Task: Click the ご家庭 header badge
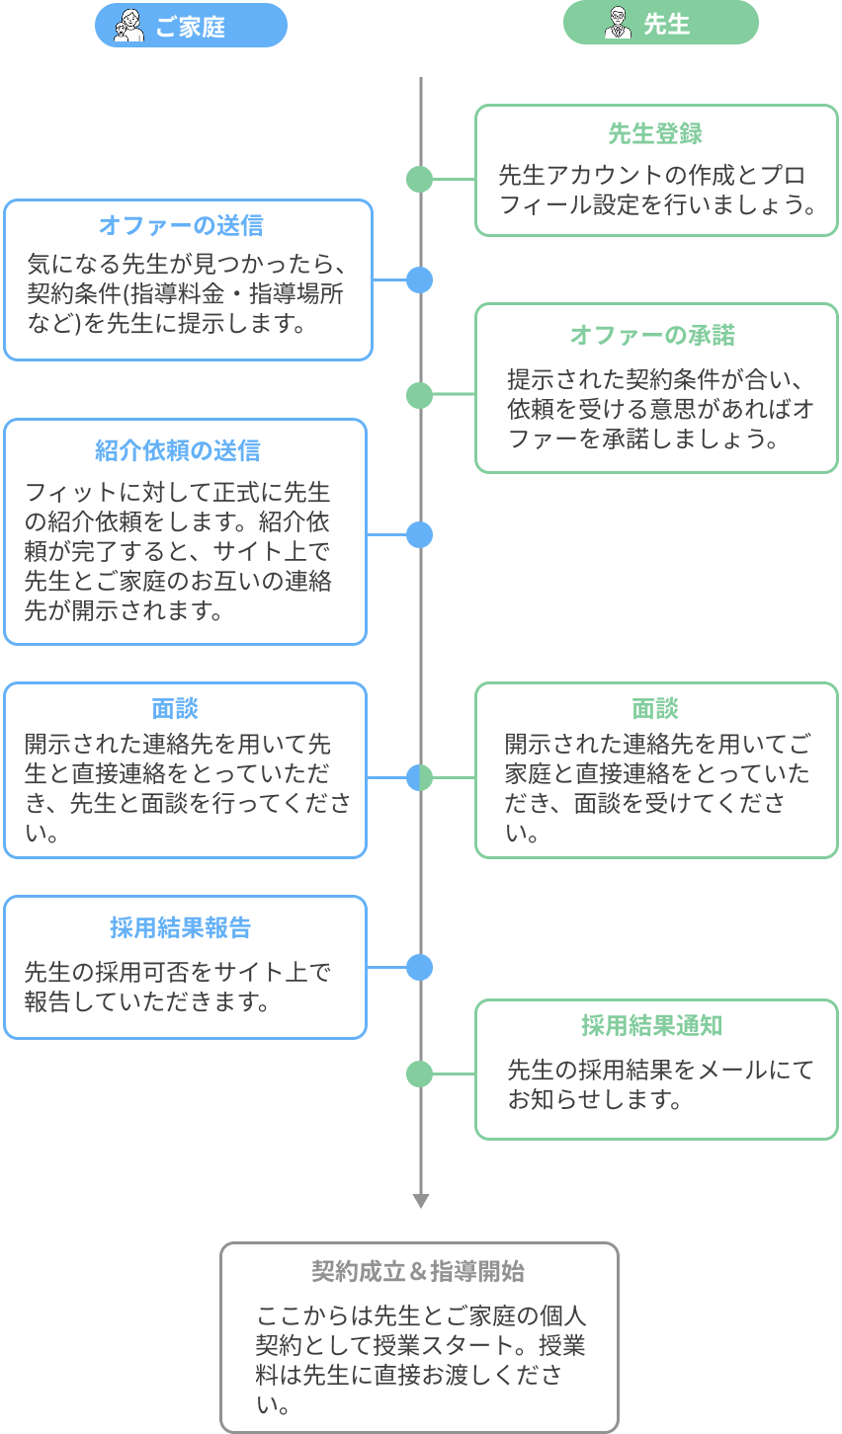(191, 25)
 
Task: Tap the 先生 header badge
(660, 24)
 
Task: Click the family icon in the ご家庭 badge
(128, 25)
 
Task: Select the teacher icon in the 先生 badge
(618, 24)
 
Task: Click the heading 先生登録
(655, 134)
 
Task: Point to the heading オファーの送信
(181, 226)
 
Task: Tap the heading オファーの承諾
(652, 335)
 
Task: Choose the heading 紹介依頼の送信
(178, 451)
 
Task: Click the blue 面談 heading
(175, 708)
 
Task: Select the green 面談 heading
(655, 708)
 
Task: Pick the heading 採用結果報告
(180, 928)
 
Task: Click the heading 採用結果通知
(651, 1026)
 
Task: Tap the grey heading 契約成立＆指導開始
(418, 1271)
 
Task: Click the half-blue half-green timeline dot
(420, 778)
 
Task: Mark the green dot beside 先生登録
(420, 179)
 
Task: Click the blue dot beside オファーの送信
(420, 279)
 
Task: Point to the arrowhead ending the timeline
(420, 1201)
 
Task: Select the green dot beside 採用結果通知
(420, 1074)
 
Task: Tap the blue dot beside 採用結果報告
(420, 967)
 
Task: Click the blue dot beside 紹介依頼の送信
(420, 535)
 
